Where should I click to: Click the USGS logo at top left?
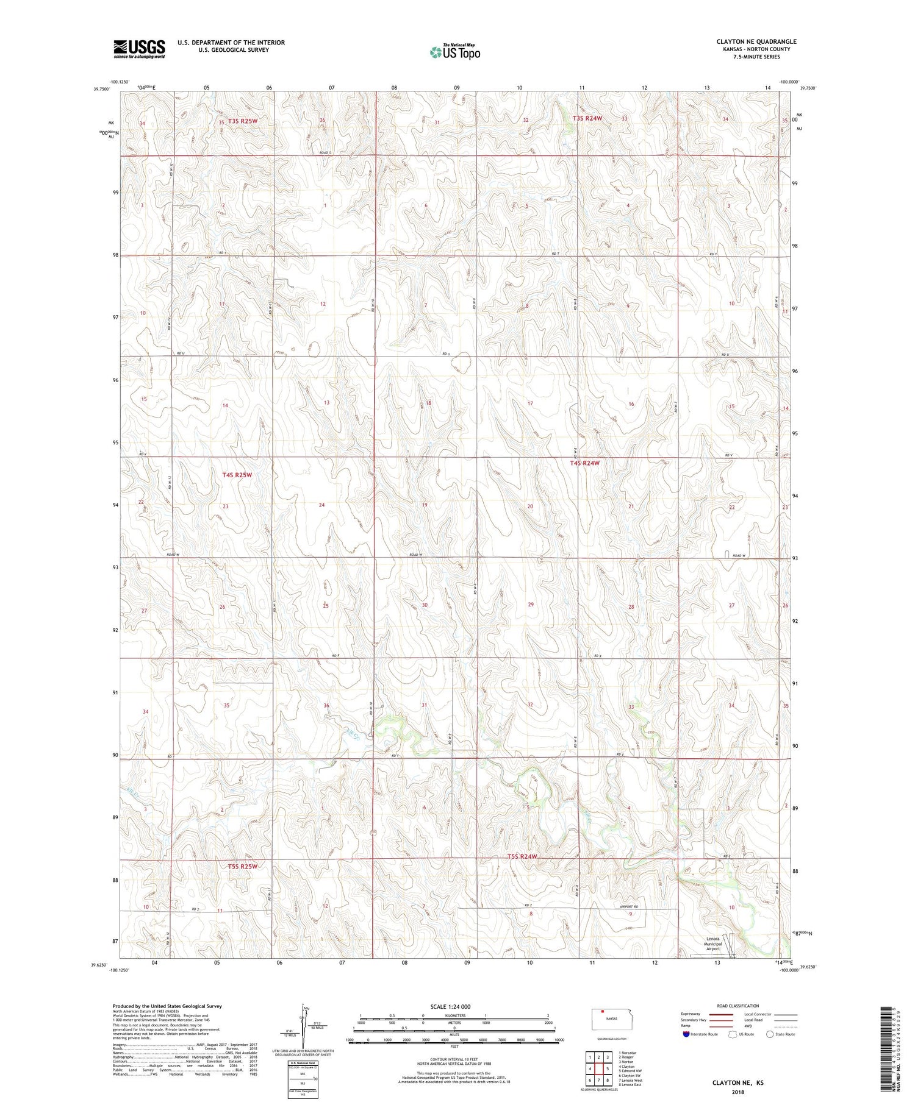139,49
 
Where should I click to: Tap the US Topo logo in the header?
454,52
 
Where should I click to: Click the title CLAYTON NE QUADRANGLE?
756,41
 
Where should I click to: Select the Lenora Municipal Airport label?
713,944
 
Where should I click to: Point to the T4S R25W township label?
237,475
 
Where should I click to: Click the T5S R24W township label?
522,856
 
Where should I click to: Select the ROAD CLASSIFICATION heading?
737,1006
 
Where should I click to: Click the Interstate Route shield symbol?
686,1034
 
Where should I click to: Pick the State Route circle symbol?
770,1034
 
